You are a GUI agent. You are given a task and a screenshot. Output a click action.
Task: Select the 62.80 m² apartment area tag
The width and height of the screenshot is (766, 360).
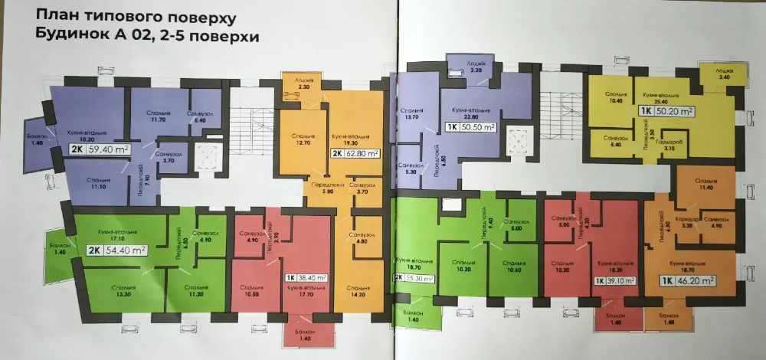click(x=357, y=153)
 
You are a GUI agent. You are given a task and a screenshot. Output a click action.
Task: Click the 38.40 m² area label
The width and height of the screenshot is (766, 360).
click(x=306, y=278)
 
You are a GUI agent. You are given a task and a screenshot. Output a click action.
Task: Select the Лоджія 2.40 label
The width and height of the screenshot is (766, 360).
click(x=724, y=74)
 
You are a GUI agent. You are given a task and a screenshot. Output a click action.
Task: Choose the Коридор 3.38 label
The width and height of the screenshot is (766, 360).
click(x=686, y=222)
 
